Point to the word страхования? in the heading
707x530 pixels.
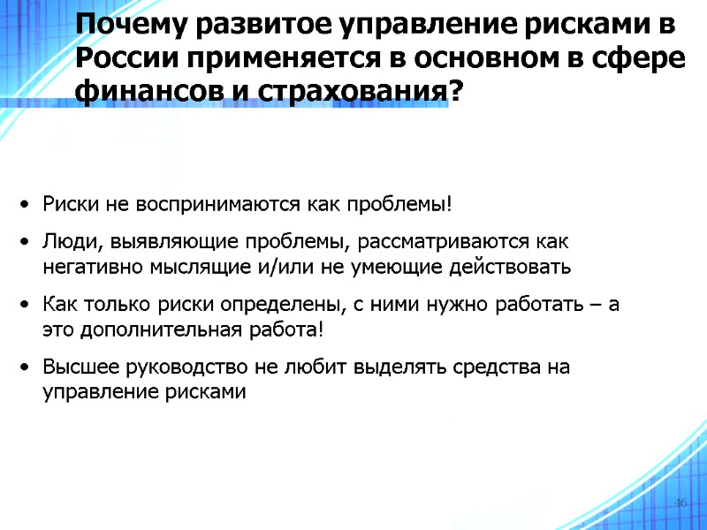374,92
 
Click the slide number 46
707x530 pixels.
680,503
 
